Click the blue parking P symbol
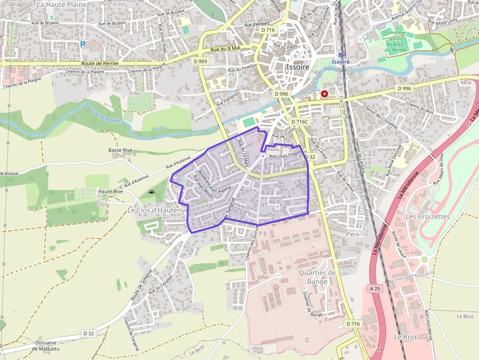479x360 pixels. [83, 44]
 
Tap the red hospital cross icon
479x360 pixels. [324, 93]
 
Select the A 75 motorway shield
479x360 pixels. [375, 289]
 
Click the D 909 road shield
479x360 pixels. [200, 62]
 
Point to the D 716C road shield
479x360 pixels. [300, 122]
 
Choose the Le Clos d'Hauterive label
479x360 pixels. [158, 210]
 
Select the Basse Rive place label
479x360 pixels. [121, 150]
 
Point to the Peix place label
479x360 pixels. [352, 234]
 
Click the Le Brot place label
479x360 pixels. [405, 337]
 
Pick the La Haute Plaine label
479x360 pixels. [62, 4]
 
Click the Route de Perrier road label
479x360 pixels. [100, 64]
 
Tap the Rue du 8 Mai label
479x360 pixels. [225, 48]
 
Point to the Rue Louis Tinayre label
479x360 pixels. [286, 156]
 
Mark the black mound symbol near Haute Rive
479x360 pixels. [152, 193]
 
